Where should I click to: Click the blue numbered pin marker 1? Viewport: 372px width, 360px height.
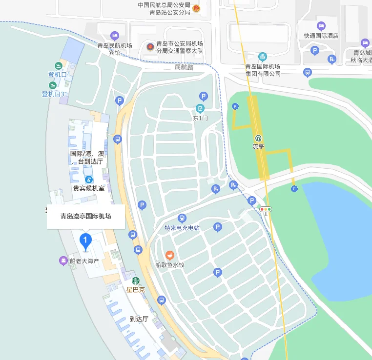(x=85, y=240)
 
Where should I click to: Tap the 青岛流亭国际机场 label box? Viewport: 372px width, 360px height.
(x=86, y=216)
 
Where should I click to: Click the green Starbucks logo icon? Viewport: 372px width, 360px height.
(x=136, y=280)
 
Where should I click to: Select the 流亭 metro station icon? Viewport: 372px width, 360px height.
(x=258, y=138)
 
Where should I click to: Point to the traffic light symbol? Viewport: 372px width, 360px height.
(x=266, y=209)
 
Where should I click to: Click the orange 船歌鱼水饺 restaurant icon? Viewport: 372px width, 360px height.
(x=169, y=255)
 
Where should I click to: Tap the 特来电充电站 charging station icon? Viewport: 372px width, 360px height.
(x=182, y=218)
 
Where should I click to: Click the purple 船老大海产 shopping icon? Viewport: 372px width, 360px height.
(x=63, y=260)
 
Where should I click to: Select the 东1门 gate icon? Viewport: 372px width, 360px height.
(x=200, y=108)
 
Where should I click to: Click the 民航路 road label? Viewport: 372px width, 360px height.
(x=184, y=67)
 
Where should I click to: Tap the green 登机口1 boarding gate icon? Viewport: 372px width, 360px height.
(x=59, y=65)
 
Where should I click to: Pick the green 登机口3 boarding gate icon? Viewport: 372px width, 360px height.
(x=53, y=85)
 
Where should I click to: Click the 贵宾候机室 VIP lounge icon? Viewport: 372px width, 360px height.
(x=89, y=179)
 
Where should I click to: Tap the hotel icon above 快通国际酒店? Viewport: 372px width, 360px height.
(x=321, y=26)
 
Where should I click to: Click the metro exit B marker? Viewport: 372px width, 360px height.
(x=235, y=106)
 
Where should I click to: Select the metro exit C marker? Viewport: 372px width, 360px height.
(x=294, y=189)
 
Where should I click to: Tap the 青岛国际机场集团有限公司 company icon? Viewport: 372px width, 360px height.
(x=263, y=57)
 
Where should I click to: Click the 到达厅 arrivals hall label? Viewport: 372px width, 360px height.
(x=139, y=319)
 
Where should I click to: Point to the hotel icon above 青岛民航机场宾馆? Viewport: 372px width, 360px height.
(x=114, y=36)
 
